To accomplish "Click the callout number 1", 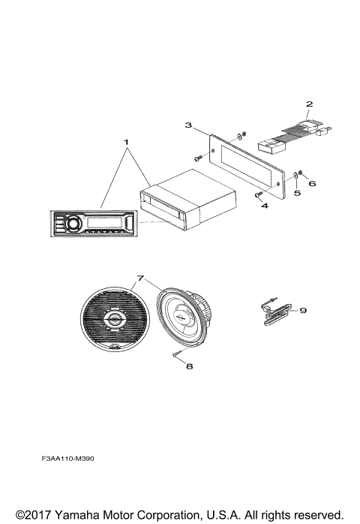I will [x=126, y=141].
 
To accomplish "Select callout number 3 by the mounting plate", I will [x=188, y=125].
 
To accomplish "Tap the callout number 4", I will [x=264, y=204].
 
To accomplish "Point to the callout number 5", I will [x=296, y=193].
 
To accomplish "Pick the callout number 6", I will [x=313, y=182].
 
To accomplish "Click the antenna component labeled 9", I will [x=277, y=314].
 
